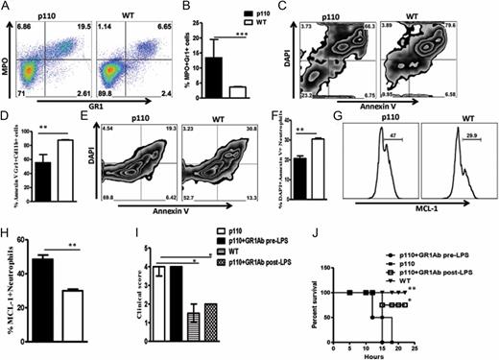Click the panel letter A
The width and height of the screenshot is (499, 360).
coord(7,7)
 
